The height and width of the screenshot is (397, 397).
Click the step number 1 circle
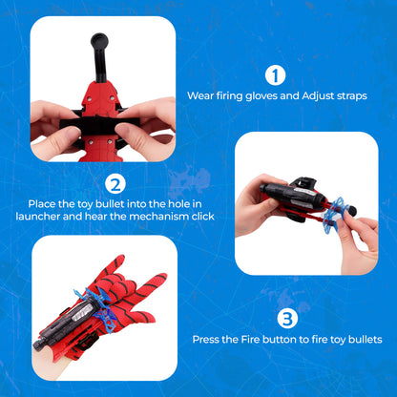coord(274,75)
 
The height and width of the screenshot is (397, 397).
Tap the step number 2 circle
coord(114,184)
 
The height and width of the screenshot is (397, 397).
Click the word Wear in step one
coord(200,96)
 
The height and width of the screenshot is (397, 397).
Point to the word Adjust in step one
coord(312,96)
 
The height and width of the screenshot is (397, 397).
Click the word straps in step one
coord(348,96)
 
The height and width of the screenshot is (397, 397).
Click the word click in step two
coord(200,218)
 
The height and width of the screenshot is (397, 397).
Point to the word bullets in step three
coord(364,339)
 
